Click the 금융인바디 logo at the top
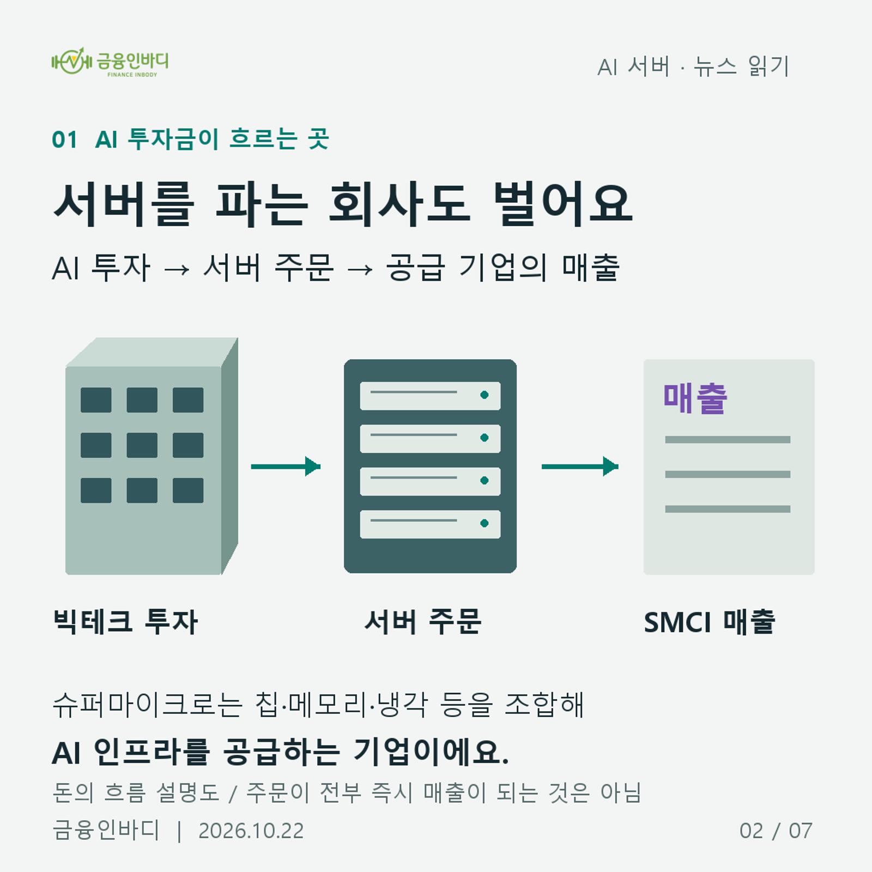tap(110, 62)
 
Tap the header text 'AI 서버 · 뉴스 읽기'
tap(693, 66)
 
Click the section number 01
tap(64, 140)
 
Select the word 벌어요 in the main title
tap(562, 204)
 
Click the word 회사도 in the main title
tap(399, 204)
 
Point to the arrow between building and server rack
tap(286, 467)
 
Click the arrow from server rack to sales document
tap(580, 467)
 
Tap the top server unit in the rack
tap(430, 396)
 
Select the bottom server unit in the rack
tap(430, 524)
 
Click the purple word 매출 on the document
tap(695, 398)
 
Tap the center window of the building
tap(142, 445)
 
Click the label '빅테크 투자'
tap(125, 622)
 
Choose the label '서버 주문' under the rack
tap(423, 622)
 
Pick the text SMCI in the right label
tap(677, 622)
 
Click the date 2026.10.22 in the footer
tap(251, 831)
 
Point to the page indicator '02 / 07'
tap(776, 831)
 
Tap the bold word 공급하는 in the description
tap(282, 752)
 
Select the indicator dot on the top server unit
tap(485, 395)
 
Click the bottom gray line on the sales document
tap(728, 509)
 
